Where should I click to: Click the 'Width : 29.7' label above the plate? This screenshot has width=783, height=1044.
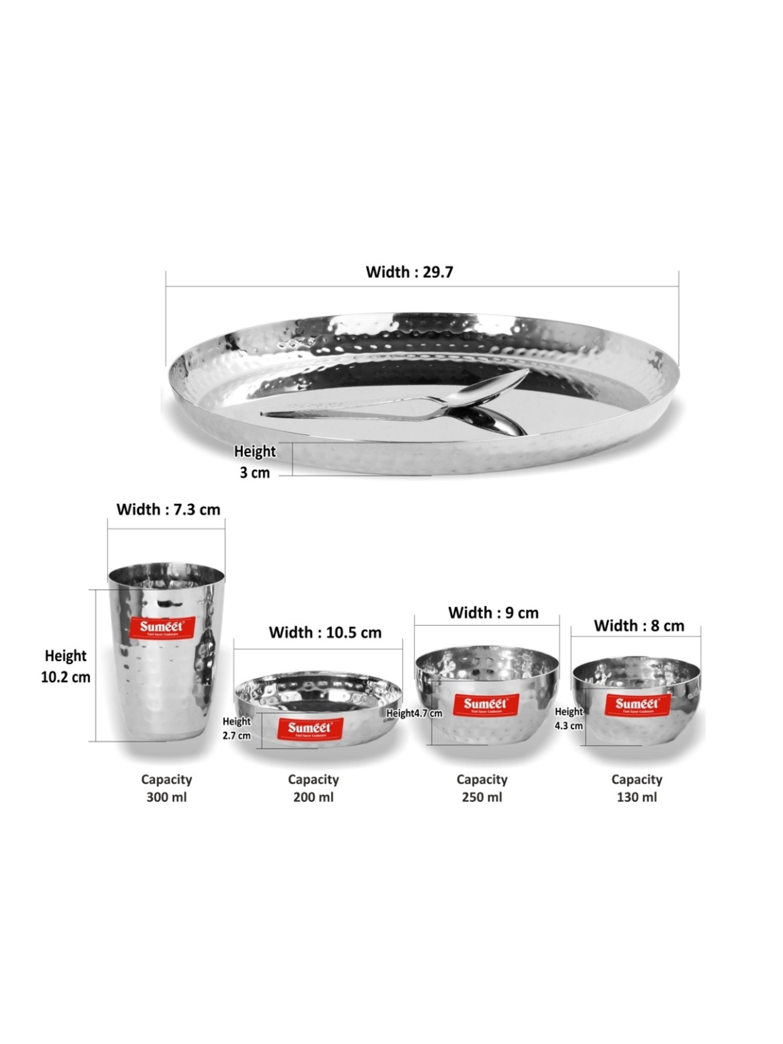[x=409, y=272]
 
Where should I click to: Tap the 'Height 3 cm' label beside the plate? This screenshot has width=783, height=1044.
[x=255, y=461]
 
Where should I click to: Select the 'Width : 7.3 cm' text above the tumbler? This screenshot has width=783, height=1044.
[x=168, y=509]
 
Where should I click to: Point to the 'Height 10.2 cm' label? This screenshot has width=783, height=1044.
[x=66, y=666]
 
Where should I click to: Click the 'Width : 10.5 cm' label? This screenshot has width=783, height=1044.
[x=325, y=633]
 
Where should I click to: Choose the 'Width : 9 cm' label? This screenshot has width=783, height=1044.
[x=493, y=613]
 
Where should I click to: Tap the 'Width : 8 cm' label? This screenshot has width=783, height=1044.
[x=639, y=626]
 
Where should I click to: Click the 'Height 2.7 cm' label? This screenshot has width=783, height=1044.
[x=236, y=728]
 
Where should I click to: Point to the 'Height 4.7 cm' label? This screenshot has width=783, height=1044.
[x=414, y=714]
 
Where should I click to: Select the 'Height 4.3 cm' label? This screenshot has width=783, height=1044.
[x=568, y=718]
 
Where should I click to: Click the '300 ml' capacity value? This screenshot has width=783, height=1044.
[x=167, y=797]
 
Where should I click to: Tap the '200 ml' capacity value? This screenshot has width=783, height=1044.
[x=313, y=797]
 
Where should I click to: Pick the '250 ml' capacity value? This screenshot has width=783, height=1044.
[x=482, y=797]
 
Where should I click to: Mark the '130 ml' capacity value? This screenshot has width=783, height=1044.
[x=637, y=797]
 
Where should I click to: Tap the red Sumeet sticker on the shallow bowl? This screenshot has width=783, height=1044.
[x=309, y=728]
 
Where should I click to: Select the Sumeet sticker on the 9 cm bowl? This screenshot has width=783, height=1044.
[x=485, y=705]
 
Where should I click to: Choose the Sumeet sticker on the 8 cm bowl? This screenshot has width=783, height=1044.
[x=637, y=705]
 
